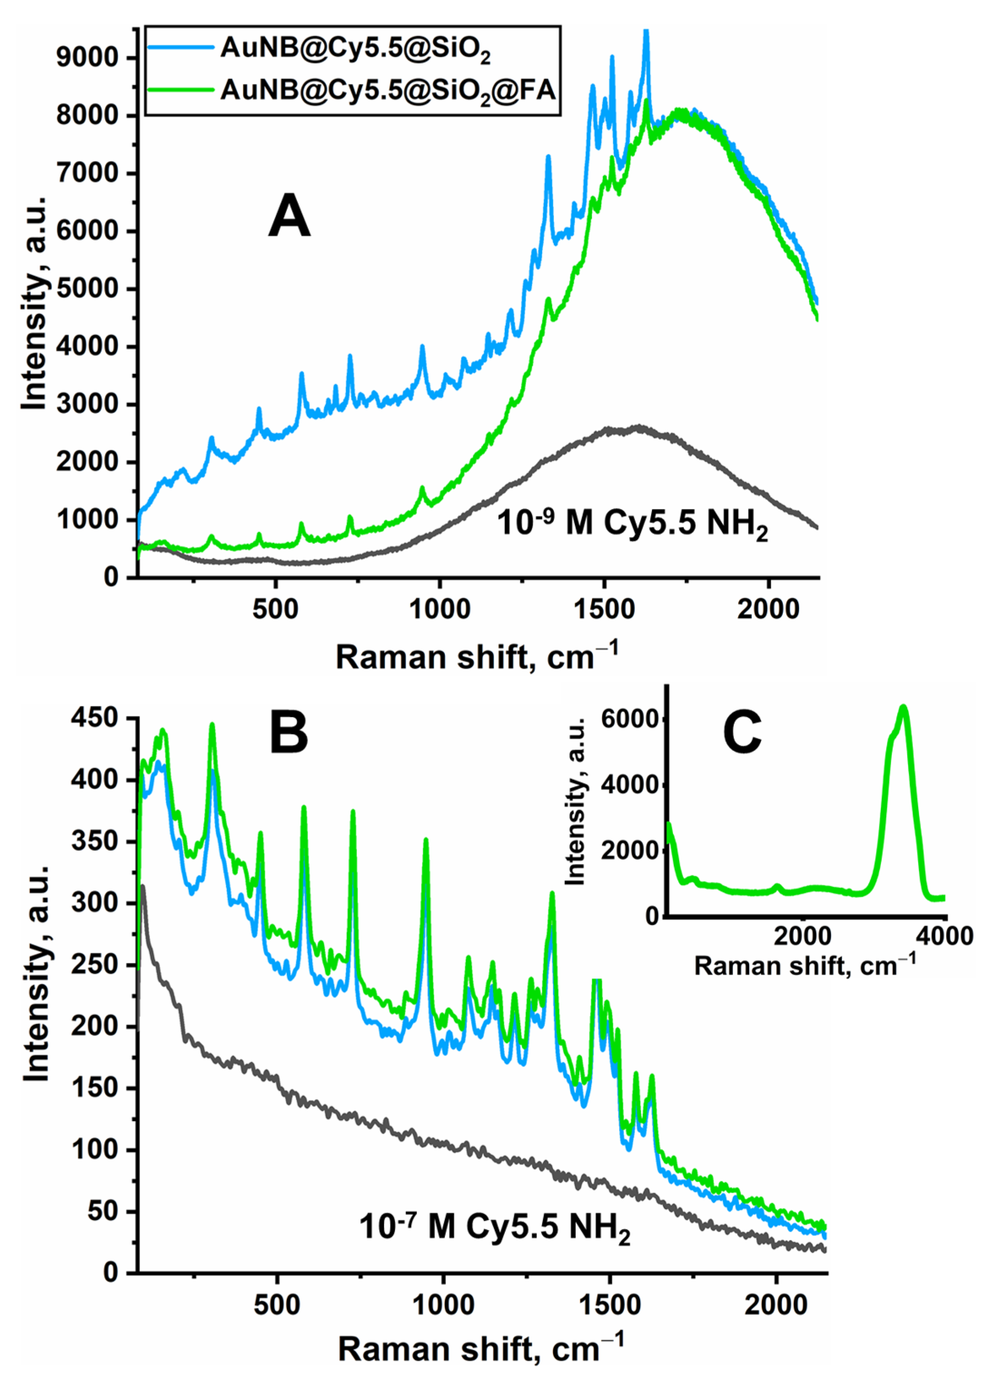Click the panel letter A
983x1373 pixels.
[289, 217]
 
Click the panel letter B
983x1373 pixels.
[289, 733]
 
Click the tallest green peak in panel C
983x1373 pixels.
[904, 707]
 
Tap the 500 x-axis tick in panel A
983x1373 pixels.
[276, 609]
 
